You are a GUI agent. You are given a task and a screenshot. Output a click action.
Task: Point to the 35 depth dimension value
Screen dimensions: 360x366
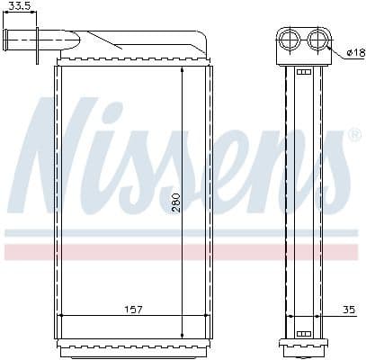pos(348,310)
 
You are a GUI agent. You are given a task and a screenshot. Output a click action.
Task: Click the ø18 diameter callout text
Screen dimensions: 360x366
pos(353,52)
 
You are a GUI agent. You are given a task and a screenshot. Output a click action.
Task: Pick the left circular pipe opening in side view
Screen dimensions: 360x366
pos(290,39)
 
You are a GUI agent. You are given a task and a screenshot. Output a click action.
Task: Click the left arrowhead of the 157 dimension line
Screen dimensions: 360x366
pos(60,316)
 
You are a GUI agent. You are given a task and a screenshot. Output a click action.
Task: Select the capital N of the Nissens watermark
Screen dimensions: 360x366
pos(67,153)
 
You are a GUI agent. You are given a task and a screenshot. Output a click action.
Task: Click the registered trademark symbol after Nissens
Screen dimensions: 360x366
pos(354,134)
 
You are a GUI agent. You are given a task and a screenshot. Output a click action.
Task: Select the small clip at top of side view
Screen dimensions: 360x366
pos(303,72)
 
